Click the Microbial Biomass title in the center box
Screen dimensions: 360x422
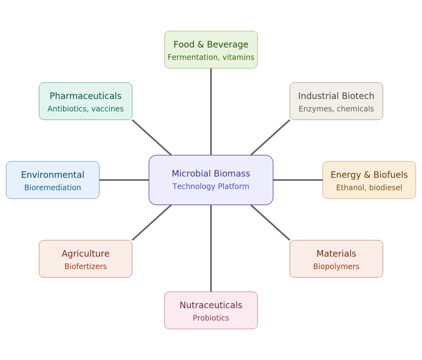211,173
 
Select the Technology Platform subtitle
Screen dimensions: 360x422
211,187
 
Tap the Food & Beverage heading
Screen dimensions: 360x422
211,45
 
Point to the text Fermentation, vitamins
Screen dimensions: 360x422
211,57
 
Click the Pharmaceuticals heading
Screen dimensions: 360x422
85,96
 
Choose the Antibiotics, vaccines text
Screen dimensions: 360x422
85,109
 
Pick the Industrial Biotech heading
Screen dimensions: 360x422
336,96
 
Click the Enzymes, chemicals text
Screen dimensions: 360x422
336,109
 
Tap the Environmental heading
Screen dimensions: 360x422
52,175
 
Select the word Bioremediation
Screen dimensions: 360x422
52,188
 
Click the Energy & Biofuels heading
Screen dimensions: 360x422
369,175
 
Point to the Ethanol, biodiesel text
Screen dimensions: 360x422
369,188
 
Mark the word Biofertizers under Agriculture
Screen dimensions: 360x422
85,267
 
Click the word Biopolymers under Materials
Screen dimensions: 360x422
336,267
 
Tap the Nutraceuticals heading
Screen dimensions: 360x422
211,305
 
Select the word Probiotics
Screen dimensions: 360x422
211,318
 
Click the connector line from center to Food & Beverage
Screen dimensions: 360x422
211,112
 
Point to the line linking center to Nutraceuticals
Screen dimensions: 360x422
211,248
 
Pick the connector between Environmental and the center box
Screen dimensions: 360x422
124,180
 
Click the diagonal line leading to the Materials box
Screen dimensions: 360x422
270,223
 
